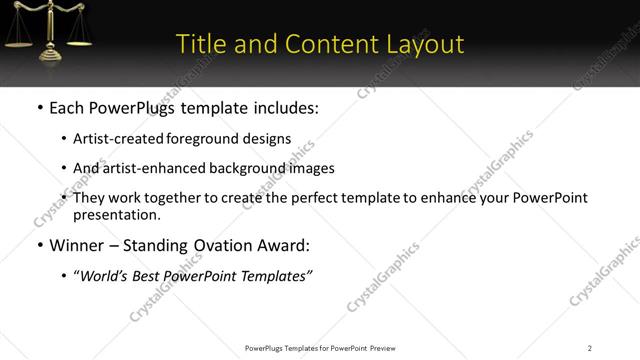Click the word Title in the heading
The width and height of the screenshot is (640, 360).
[x=200, y=44]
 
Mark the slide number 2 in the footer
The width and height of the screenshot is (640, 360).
[x=590, y=348]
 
